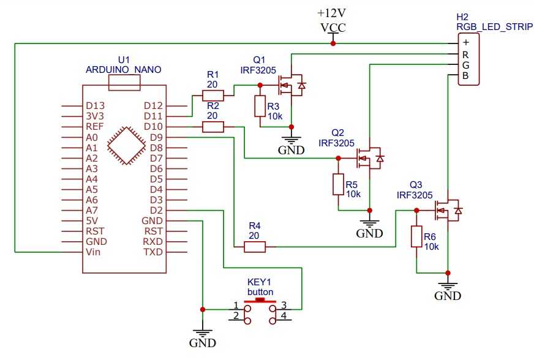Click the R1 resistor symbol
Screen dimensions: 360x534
click(213, 95)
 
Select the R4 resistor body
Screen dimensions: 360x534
click(254, 247)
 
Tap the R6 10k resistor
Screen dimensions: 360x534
click(416, 237)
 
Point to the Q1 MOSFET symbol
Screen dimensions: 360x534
click(291, 84)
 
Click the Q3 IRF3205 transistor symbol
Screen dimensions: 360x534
click(448, 211)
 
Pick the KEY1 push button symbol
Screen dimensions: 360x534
click(260, 309)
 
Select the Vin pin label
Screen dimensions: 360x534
click(94, 252)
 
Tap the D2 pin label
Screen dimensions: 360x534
click(156, 210)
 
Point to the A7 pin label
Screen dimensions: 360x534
click(92, 210)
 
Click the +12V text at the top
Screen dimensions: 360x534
click(332, 13)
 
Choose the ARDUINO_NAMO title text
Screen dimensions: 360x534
click(123, 70)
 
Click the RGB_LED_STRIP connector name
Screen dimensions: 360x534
click(494, 27)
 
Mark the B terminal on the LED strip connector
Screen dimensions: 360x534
click(466, 77)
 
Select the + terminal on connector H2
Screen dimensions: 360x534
click(466, 43)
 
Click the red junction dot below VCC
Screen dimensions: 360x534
click(333, 43)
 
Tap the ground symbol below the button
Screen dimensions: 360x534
click(202, 334)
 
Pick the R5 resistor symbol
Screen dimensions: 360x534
click(338, 185)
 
